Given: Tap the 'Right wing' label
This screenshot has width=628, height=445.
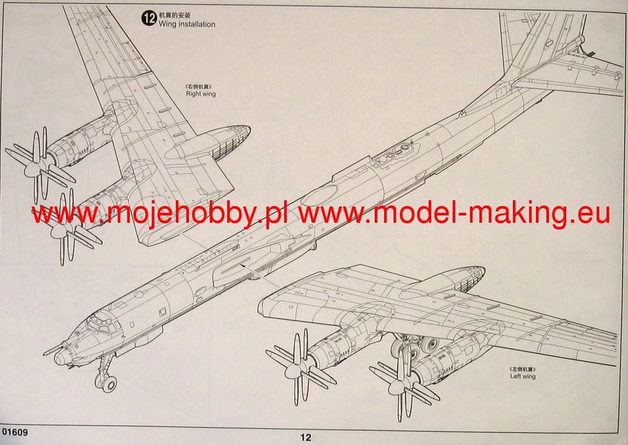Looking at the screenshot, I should tap(200, 94).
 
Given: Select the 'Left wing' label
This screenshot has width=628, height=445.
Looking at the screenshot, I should tap(523, 376).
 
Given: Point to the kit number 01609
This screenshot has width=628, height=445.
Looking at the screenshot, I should tap(15, 432).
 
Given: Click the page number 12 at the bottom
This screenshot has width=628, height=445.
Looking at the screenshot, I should tap(306, 437).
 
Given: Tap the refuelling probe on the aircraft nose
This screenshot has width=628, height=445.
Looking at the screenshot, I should tap(53, 348).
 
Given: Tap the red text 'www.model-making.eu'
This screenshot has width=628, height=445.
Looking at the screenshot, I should tap(454, 214).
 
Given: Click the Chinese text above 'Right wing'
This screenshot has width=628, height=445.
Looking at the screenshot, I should tap(200, 86).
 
